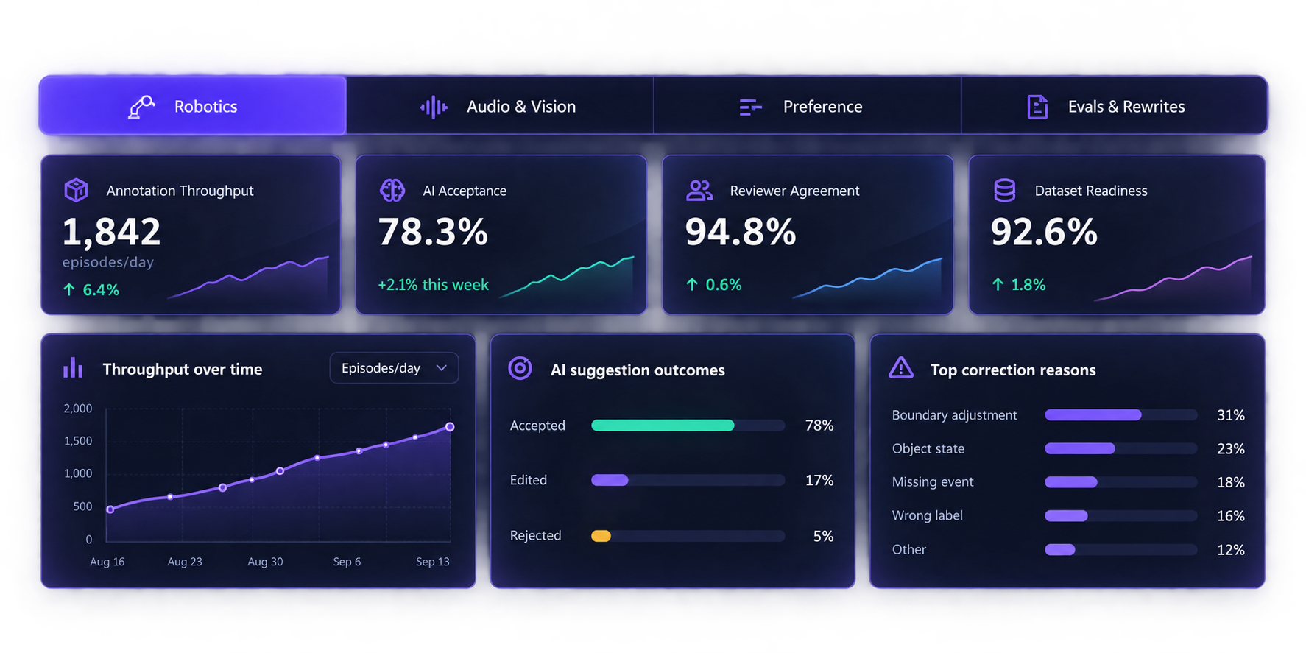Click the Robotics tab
coord(192,106)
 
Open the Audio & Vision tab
coord(499,106)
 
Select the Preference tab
coord(807,106)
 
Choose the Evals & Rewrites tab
coord(1114,106)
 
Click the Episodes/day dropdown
coord(394,368)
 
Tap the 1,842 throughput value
coord(111,232)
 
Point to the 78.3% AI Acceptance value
coord(433,232)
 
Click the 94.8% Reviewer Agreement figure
coord(741,232)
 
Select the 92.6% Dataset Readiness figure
coord(1044,232)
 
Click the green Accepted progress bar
coord(663,426)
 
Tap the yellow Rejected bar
coord(601,536)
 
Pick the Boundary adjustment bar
coord(1093,415)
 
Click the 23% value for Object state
coord(1231,449)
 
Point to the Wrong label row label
coord(927,515)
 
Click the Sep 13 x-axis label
coord(432,562)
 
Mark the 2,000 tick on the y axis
coord(78,409)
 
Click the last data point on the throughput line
coord(450,427)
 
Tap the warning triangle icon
coord(901,367)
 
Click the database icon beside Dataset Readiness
coord(1005,190)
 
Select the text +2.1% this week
coord(433,285)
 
